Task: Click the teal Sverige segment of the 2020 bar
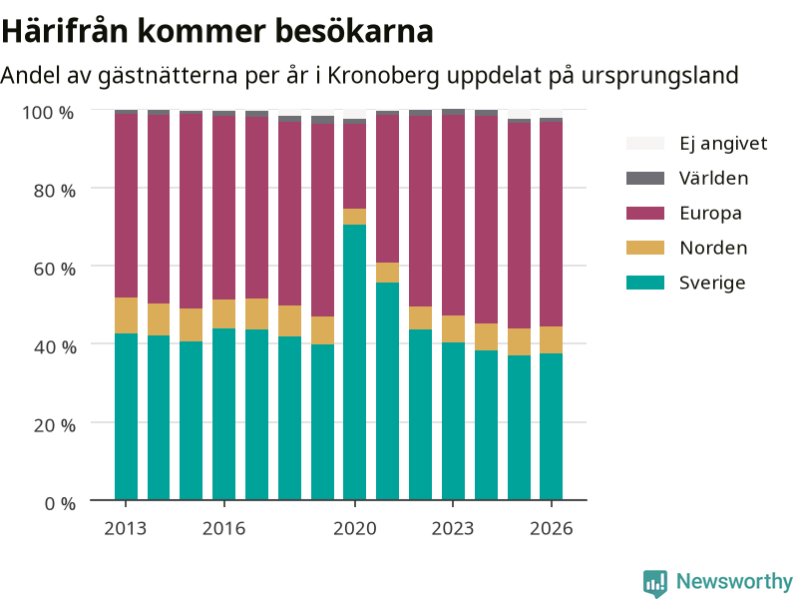pyautogui.click(x=354, y=362)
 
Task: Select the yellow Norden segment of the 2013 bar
pyautogui.click(x=126, y=315)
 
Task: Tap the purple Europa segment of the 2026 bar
pyautogui.click(x=552, y=224)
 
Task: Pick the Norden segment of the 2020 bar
pyautogui.click(x=354, y=217)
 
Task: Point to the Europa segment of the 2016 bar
pyautogui.click(x=223, y=208)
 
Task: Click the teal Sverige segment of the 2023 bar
pyautogui.click(x=453, y=421)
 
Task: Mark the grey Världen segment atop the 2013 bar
pyautogui.click(x=126, y=112)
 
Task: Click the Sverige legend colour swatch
pyautogui.click(x=644, y=283)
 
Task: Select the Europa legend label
pyautogui.click(x=710, y=213)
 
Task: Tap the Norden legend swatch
pyautogui.click(x=644, y=248)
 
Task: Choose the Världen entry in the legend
pyautogui.click(x=713, y=179)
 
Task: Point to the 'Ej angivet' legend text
pyautogui.click(x=723, y=144)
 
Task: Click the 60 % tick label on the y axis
pyautogui.click(x=55, y=269)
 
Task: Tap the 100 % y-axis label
pyautogui.click(x=48, y=113)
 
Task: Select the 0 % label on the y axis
pyautogui.click(x=60, y=503)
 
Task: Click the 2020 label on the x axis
pyautogui.click(x=355, y=528)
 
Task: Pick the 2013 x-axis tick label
pyautogui.click(x=126, y=528)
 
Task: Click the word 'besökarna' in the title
pyautogui.click(x=355, y=31)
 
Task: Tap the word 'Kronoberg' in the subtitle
pyautogui.click(x=383, y=76)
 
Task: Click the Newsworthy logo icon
pyautogui.click(x=655, y=582)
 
